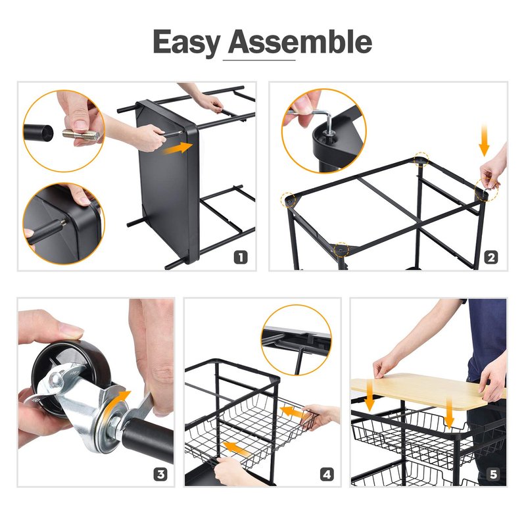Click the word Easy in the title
tap(187, 42)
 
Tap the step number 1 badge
tap(241, 258)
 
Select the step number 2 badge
tap(491, 258)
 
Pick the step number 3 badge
tap(160, 474)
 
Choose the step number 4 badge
tap(327, 474)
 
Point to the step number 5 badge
tap(493, 474)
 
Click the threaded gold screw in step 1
tap(81, 135)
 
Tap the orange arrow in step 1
tap(178, 148)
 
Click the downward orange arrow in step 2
tap(484, 139)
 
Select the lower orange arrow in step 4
tap(238, 448)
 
